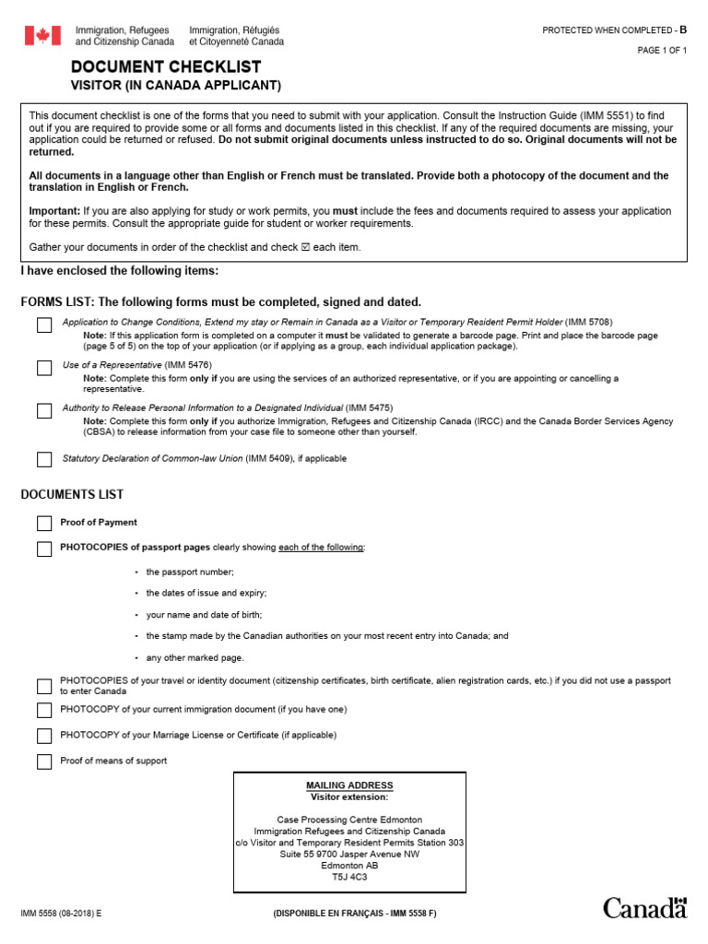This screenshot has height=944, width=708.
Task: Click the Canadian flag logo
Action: tap(42, 36)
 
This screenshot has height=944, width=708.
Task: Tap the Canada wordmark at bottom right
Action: tap(645, 907)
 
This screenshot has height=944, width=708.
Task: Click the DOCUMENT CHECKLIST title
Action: tap(166, 67)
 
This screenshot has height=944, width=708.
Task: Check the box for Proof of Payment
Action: tap(44, 524)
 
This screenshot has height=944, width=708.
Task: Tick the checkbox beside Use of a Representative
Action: tap(44, 368)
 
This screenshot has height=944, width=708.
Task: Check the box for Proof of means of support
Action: tap(44, 761)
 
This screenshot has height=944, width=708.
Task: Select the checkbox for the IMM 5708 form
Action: tap(44, 324)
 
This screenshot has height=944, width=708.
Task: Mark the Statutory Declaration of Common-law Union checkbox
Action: tap(44, 459)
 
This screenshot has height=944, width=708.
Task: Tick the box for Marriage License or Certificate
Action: tap(44, 736)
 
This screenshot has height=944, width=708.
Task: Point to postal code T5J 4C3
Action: tap(349, 878)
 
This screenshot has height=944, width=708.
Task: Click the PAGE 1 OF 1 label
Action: tap(662, 51)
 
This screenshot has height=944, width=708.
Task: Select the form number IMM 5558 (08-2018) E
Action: tap(62, 913)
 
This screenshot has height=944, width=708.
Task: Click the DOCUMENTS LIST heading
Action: tap(72, 495)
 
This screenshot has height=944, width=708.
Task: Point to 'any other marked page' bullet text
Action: tap(195, 658)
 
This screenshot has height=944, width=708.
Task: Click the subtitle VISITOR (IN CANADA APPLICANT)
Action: tap(176, 87)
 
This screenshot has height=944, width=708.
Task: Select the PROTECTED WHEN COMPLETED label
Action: tap(608, 30)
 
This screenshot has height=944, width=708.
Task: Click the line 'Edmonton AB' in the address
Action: tap(349, 866)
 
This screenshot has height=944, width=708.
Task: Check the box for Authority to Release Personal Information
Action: tap(44, 411)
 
